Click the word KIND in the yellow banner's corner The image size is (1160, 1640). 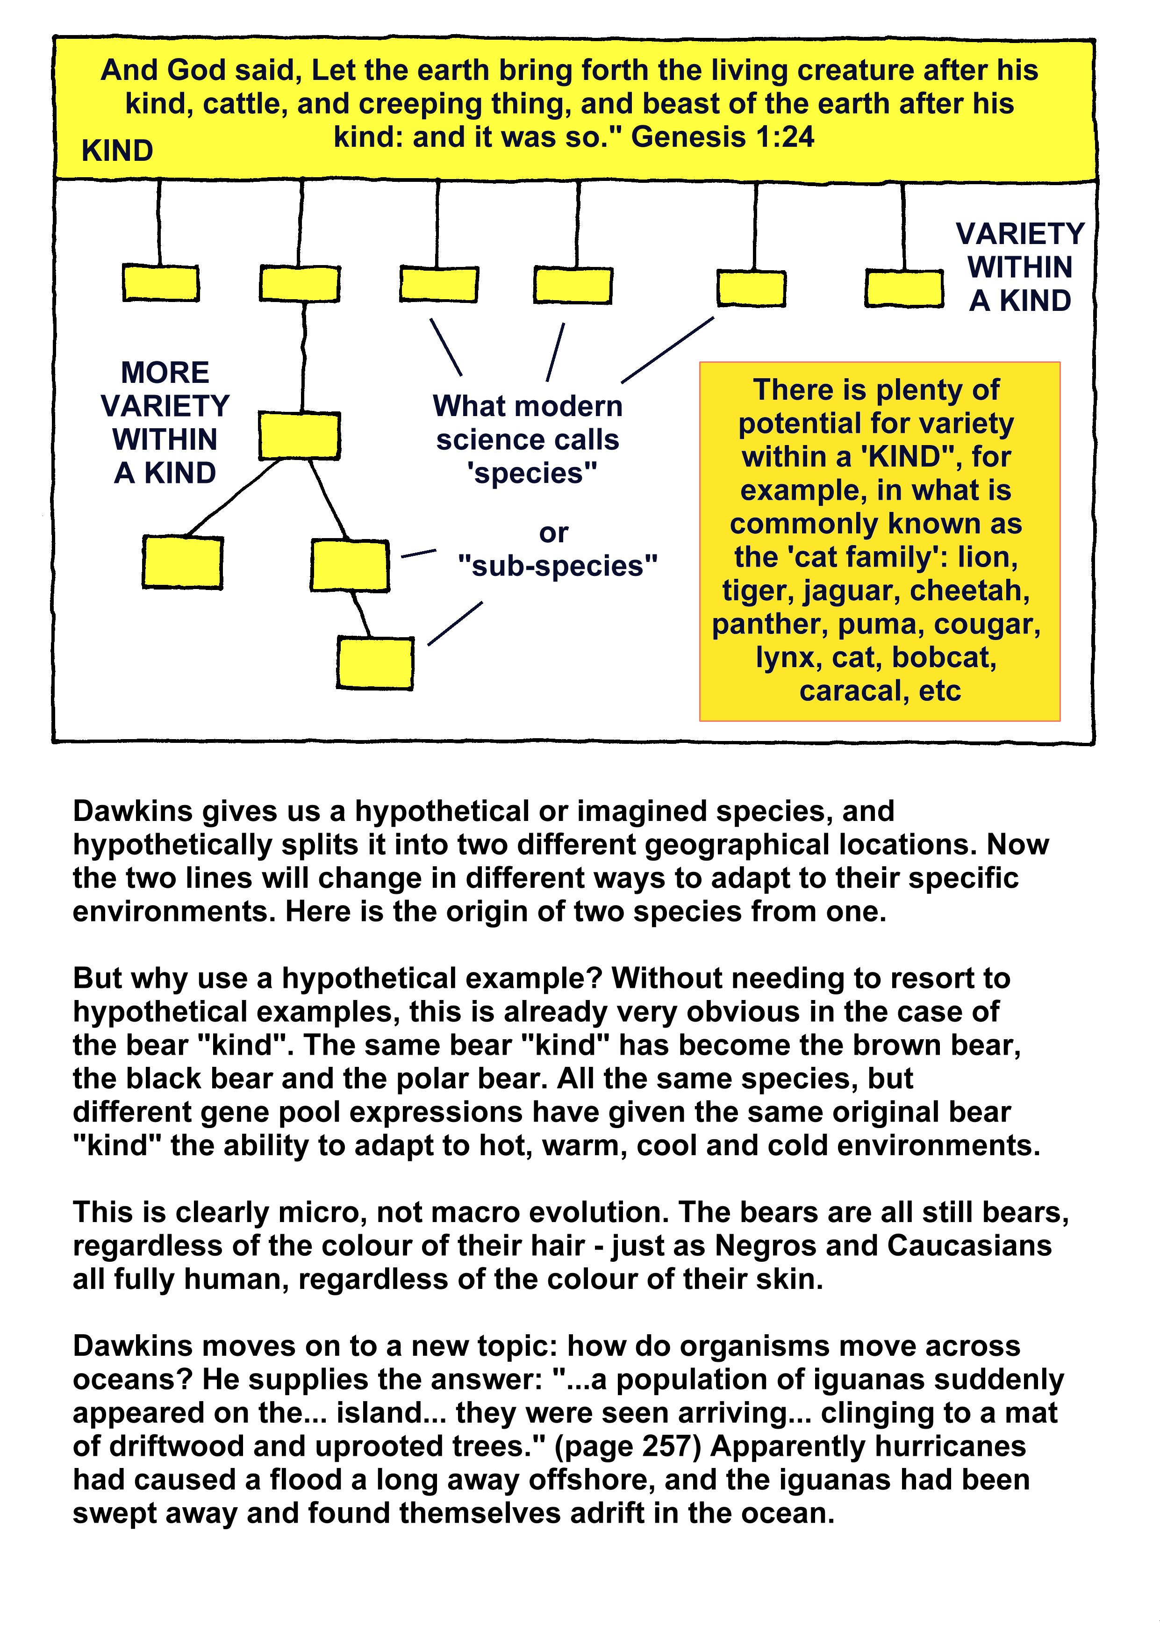click(117, 151)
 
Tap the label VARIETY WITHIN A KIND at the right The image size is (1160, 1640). click(1020, 267)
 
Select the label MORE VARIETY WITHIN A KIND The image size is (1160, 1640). click(165, 423)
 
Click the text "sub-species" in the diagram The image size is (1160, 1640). click(557, 566)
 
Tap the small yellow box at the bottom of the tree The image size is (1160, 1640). click(375, 663)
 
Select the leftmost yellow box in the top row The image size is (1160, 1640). click(161, 283)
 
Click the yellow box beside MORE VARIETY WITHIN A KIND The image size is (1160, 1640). click(299, 435)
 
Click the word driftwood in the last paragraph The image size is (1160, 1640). click(172, 1446)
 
